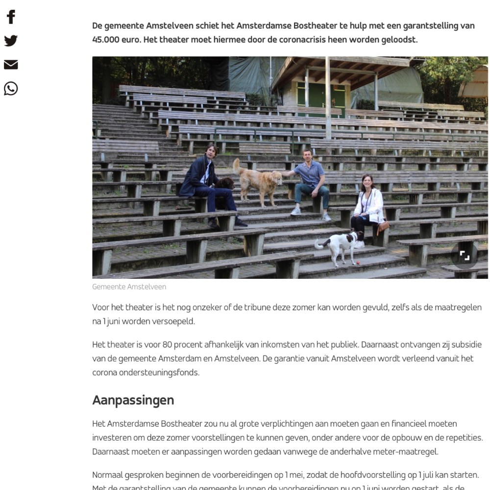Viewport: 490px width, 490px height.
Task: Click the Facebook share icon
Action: (11, 17)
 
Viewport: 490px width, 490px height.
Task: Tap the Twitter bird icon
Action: (11, 41)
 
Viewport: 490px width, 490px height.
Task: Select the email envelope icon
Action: (11, 65)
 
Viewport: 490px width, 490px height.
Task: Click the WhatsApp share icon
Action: (11, 89)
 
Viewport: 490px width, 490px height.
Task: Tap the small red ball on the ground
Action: (358, 263)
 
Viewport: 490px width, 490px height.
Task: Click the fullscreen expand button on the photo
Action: (464, 255)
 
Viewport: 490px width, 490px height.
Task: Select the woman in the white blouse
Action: (368, 206)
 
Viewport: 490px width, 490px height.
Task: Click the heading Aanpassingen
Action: (133, 400)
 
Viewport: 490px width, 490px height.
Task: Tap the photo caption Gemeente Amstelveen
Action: (129, 287)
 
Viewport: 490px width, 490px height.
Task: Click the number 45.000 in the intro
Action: (106, 40)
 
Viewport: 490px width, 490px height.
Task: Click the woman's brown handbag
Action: (383, 226)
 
